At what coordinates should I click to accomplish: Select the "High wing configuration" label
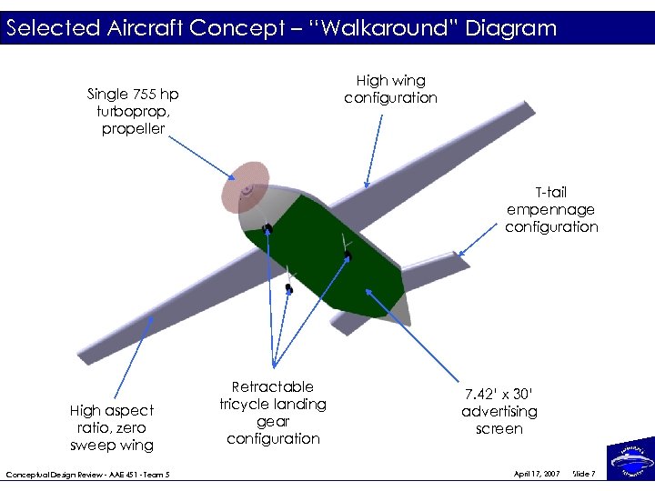390,89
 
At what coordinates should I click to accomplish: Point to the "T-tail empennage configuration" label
551,209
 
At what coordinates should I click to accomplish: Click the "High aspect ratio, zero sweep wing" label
112,427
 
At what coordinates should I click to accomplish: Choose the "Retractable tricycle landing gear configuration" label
273,412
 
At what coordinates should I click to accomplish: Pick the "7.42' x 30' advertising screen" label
499,411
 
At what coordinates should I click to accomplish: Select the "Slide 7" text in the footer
584,474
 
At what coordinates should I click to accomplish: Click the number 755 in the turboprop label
144,94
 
